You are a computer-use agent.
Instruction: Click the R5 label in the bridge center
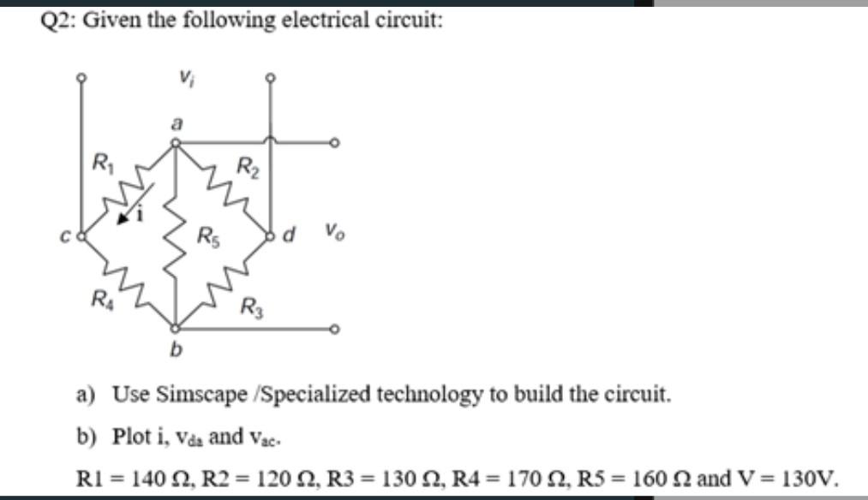point(207,235)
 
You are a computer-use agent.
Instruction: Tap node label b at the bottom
point(177,349)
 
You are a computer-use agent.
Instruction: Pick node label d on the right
point(289,230)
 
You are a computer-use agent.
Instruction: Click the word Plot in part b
point(129,435)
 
